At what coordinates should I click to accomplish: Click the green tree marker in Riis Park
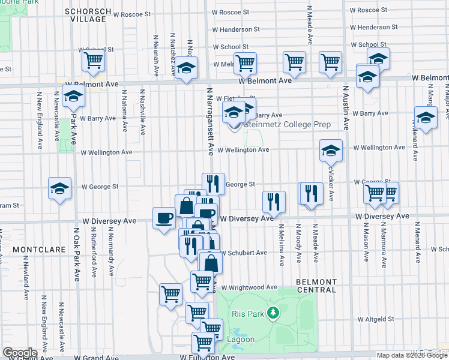[274, 313]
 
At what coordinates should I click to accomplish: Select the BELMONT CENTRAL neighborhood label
[316, 286]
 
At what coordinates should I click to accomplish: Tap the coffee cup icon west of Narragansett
[163, 218]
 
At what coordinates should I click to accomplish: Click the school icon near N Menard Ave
[426, 118]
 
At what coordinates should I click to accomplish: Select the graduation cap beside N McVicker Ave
[330, 151]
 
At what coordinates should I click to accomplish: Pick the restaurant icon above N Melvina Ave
[273, 202]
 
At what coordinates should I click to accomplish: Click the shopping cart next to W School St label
[94, 60]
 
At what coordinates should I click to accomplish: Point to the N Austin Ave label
[346, 108]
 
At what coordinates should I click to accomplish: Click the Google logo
[19, 353]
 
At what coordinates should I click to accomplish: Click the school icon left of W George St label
[60, 188]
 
